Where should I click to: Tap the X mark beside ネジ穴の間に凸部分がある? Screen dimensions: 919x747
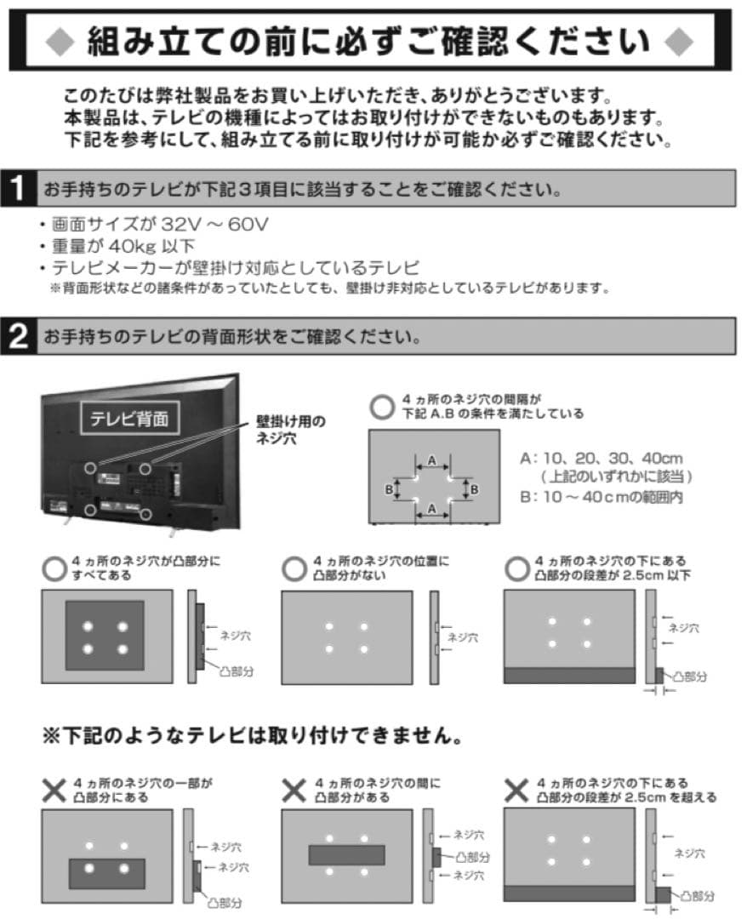(294, 790)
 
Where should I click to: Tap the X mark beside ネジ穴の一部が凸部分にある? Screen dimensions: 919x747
(54, 790)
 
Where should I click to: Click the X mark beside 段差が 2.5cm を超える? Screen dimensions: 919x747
(516, 790)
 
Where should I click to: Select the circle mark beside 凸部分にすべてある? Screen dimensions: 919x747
(54, 568)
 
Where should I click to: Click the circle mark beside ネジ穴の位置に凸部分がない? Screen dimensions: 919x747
(294, 568)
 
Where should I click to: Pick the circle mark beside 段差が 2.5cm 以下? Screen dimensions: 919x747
(516, 568)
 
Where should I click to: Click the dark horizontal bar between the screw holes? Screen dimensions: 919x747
(346, 854)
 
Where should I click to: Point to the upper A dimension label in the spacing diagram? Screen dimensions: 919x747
(432, 460)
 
